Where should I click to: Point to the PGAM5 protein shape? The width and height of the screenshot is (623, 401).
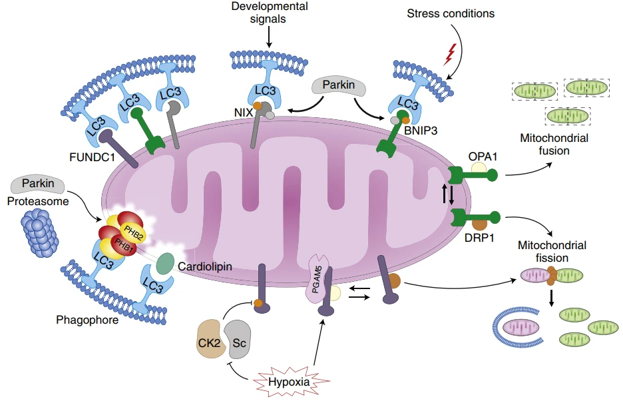point(321,280)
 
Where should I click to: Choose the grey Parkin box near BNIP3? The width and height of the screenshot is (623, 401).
point(339,86)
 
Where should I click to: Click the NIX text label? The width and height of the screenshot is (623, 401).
point(244,113)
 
